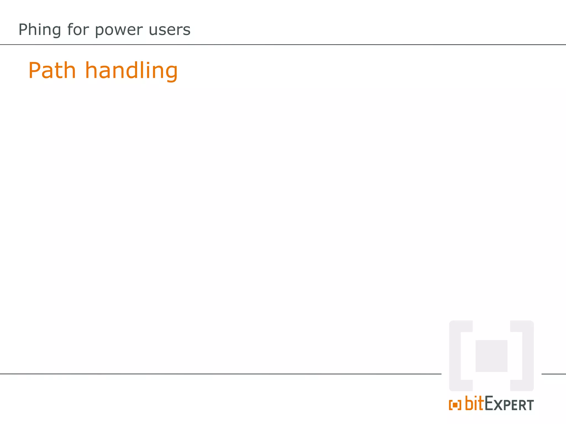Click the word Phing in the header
[40, 30]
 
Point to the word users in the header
[169, 30]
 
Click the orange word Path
[52, 71]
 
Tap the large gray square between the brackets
[491, 356]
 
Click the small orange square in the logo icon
[455, 405]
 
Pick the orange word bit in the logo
[475, 404]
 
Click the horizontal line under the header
[283, 44]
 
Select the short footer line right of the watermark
[554, 374]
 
